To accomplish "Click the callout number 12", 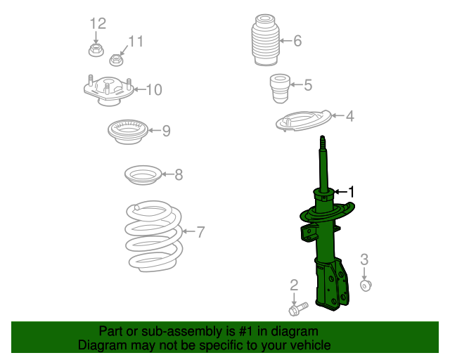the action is [98, 23].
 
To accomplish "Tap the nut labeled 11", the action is [116, 60].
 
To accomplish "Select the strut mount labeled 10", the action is [108, 90].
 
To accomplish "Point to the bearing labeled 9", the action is [128, 131].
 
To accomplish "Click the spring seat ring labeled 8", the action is [143, 175].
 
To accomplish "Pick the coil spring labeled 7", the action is [154, 236].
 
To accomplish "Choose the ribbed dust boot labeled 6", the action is [266, 39].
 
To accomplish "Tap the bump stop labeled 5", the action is [280, 89].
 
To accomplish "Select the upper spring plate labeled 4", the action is [303, 120].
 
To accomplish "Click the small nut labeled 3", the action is [366, 285].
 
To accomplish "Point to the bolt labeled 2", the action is [298, 309].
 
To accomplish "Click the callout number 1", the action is [351, 192].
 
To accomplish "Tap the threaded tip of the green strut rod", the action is [323, 141].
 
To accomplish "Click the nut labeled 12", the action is [96, 50].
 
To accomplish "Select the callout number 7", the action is [200, 232].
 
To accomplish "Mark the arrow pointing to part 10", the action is [140, 89].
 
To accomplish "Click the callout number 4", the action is [350, 116].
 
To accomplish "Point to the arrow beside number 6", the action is [286, 41].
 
